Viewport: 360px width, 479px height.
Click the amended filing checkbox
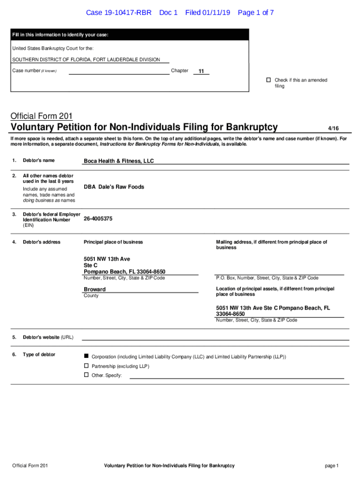pos(269,80)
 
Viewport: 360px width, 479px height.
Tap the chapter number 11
pos(201,72)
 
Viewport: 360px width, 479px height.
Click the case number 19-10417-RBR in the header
pos(119,13)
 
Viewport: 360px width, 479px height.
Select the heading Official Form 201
pos(41,116)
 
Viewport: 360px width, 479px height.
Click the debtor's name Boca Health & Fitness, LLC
pos(119,161)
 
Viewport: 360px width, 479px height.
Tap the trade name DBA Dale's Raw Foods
pos(114,187)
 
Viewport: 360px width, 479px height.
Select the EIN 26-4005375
pos(98,218)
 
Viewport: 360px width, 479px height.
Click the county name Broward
pos(94,289)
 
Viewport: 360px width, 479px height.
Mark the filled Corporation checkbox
pos(86,356)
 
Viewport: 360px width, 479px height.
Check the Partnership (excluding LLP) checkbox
pos(86,366)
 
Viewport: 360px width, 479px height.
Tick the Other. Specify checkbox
pos(86,375)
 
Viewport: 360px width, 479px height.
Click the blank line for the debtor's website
pos(215,338)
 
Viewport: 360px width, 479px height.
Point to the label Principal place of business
pos(113,242)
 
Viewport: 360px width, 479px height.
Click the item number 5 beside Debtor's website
pos(14,337)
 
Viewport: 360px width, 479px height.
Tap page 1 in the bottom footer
pos(331,465)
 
